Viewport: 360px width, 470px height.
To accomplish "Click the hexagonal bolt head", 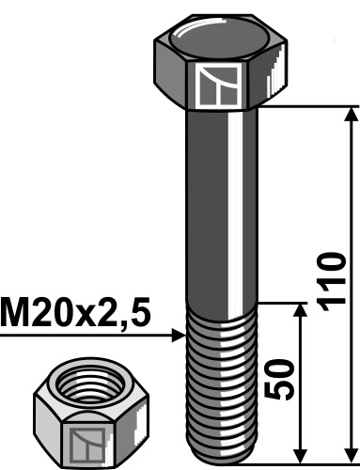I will (x=218, y=61).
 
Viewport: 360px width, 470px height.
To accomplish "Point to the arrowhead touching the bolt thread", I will (x=179, y=334).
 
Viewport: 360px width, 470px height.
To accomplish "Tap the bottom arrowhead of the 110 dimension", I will (x=352, y=452).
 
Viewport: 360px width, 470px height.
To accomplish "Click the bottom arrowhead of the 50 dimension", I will (x=300, y=452).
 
